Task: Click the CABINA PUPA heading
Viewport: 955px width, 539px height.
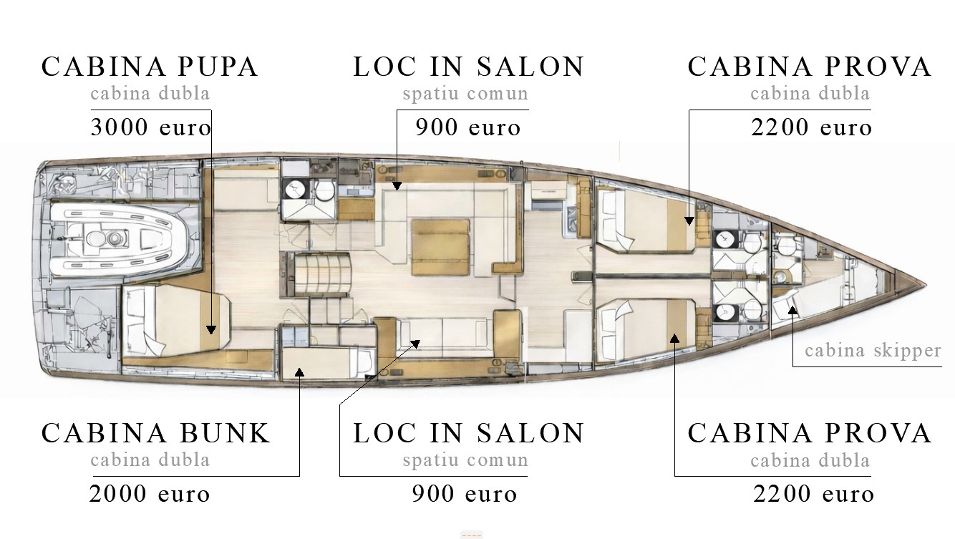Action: [150, 67]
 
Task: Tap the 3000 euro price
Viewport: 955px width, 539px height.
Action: [151, 127]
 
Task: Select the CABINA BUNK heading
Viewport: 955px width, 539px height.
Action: [155, 433]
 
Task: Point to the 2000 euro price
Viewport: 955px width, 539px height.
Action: [150, 494]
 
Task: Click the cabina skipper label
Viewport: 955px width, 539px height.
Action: [873, 351]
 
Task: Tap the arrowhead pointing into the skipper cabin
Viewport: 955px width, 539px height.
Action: [792, 310]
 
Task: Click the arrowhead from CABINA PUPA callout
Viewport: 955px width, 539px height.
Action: [211, 329]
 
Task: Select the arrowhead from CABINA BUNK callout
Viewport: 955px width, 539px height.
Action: [300, 372]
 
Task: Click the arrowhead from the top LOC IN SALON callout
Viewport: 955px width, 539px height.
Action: [397, 186]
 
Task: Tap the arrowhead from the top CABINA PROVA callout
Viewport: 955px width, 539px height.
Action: [689, 221]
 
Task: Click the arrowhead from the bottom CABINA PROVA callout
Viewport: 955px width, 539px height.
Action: [674, 339]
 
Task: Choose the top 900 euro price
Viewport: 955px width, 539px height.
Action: [468, 127]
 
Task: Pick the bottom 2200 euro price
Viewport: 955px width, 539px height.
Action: [813, 494]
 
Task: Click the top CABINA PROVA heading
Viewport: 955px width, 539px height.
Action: [809, 67]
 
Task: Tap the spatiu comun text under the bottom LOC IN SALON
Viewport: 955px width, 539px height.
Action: [465, 460]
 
